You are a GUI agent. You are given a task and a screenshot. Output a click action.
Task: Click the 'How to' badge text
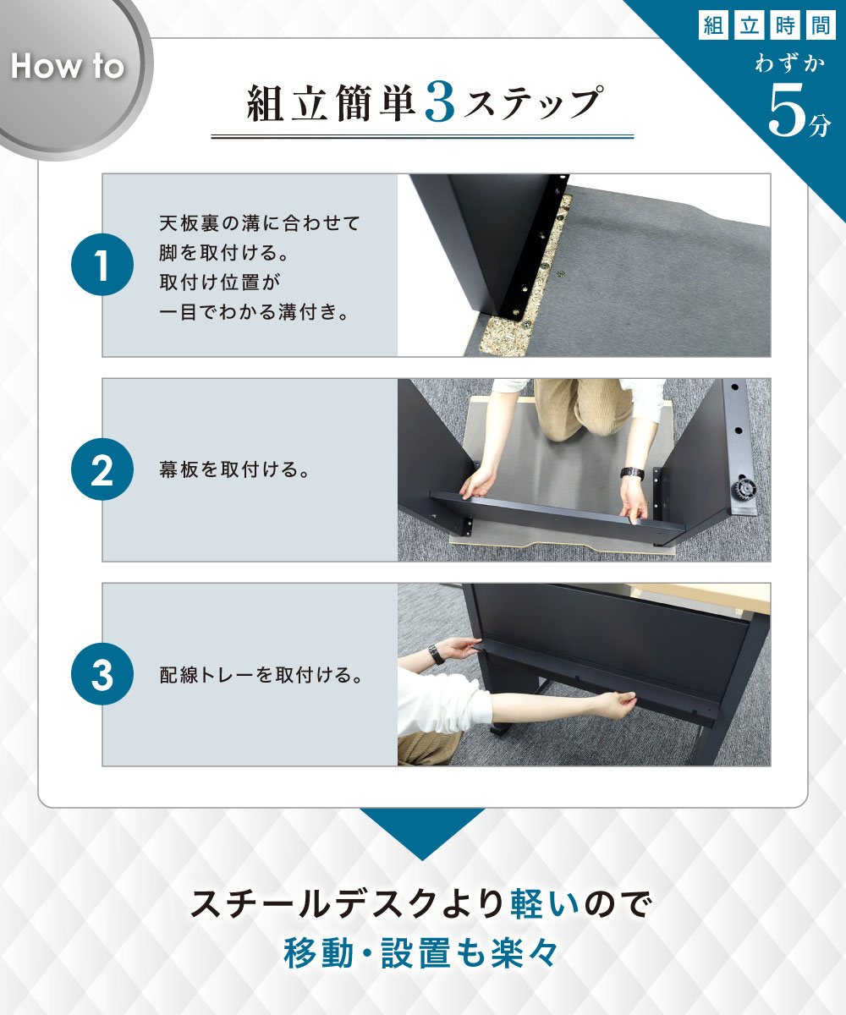point(68,66)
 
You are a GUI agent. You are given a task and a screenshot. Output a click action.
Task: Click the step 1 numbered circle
point(102,265)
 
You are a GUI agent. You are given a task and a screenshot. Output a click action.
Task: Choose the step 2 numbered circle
point(102,469)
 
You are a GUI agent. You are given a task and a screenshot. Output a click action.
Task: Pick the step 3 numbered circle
point(102,674)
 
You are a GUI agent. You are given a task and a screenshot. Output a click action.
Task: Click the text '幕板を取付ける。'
point(234,469)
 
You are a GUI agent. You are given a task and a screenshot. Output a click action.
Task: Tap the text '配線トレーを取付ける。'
point(261,675)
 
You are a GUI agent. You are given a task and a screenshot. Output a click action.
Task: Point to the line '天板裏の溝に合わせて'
point(260,223)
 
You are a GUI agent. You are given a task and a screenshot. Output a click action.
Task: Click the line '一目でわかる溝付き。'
point(255,311)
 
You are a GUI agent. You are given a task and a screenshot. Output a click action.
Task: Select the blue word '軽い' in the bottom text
point(545,905)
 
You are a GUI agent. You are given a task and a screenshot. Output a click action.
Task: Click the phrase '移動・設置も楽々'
point(421,953)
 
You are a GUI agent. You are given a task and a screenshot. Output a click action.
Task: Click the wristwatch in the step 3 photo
point(437,654)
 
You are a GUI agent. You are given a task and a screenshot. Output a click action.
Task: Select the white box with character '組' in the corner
point(713,25)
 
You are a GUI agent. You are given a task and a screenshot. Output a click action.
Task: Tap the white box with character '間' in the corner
point(821,25)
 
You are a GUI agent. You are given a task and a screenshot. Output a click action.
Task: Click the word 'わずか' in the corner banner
point(790,64)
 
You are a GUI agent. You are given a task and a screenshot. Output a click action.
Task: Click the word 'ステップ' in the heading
point(532,103)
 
